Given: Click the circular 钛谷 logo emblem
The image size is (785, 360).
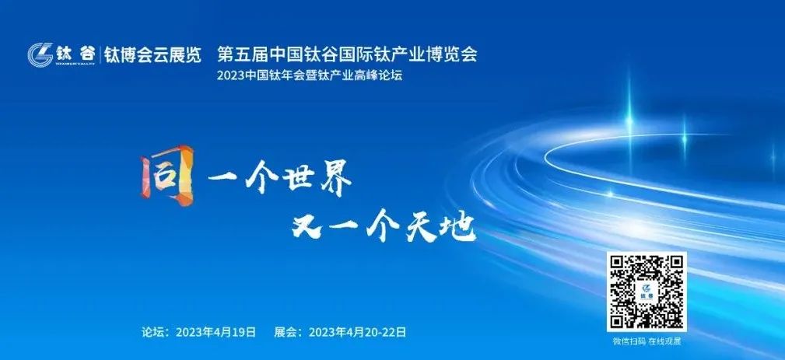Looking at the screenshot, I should click(40, 54).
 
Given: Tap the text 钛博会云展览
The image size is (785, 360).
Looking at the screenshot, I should click(153, 55).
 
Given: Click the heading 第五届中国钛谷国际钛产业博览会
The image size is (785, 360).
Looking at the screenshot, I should click(347, 54).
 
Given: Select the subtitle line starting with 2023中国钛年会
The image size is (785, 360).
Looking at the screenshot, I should click(313, 76).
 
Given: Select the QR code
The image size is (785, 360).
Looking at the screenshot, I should click(647, 292).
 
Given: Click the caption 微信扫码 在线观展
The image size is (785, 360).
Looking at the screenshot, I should click(647, 341).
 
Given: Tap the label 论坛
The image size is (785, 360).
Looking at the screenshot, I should click(153, 332).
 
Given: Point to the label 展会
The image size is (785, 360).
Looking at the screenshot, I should click(286, 332).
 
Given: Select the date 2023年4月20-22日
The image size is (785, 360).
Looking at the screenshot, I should click(357, 332).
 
